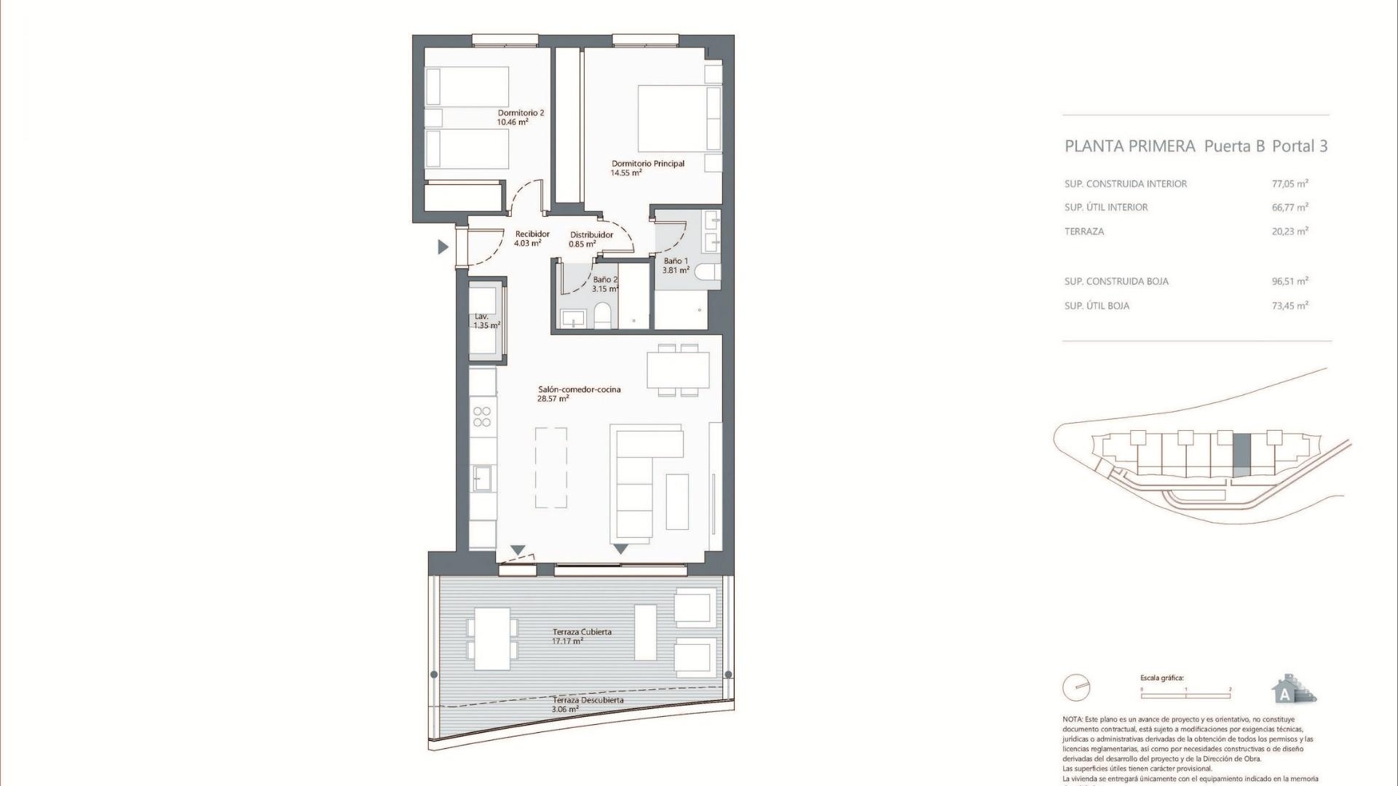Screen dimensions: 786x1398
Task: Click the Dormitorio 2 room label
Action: (521, 113)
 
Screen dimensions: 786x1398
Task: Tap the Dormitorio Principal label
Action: (647, 164)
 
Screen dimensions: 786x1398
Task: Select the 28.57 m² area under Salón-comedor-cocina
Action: (553, 399)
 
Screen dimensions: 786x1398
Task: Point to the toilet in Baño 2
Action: (603, 317)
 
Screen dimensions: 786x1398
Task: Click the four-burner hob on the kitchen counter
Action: (482, 416)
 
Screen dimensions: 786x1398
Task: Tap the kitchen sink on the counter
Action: (482, 478)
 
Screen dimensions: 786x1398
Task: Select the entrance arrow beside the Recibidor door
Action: (442, 247)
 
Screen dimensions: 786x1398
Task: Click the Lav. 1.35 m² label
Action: (486, 321)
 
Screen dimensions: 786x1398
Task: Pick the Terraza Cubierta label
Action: (581, 632)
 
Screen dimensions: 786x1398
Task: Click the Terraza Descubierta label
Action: (587, 700)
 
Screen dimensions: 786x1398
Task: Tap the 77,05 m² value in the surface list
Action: (1290, 184)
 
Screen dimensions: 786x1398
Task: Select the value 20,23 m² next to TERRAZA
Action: (1290, 231)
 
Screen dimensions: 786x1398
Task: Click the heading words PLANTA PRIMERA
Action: (1129, 146)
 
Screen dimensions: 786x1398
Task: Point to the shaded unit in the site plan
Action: (1241, 455)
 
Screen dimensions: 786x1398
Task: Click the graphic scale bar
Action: (1185, 696)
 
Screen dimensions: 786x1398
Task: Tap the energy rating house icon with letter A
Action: (1292, 689)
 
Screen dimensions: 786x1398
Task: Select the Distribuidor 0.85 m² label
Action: (591, 239)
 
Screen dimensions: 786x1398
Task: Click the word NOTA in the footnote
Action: (1073, 719)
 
